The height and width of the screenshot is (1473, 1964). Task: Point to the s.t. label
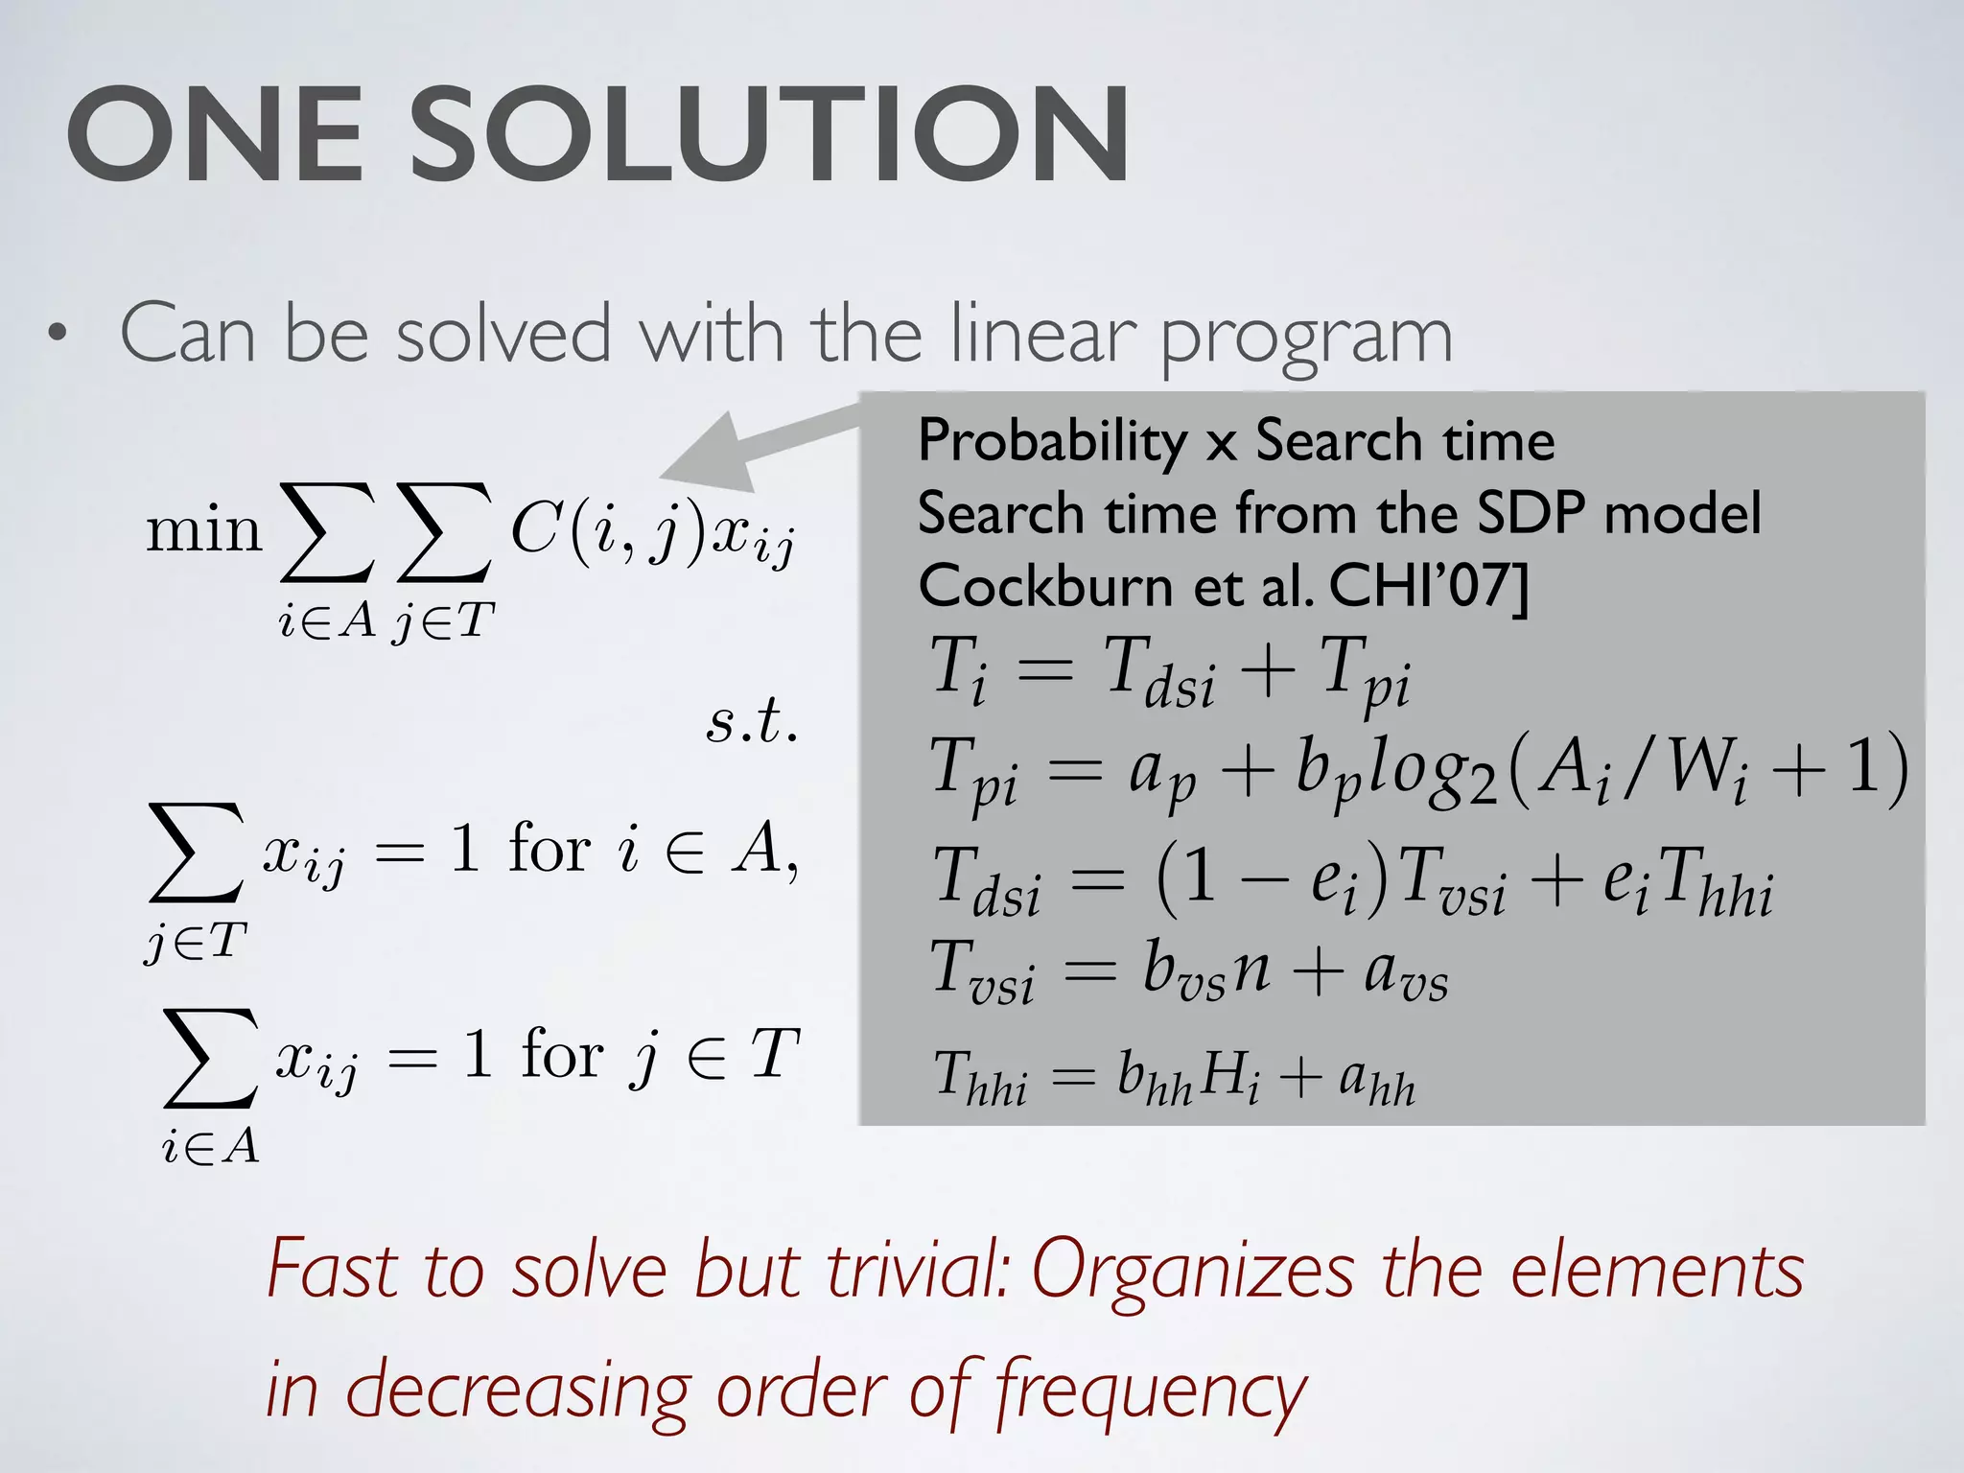752,722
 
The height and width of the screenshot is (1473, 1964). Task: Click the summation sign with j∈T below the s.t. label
197,853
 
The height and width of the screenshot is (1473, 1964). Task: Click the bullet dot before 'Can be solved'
58,335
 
